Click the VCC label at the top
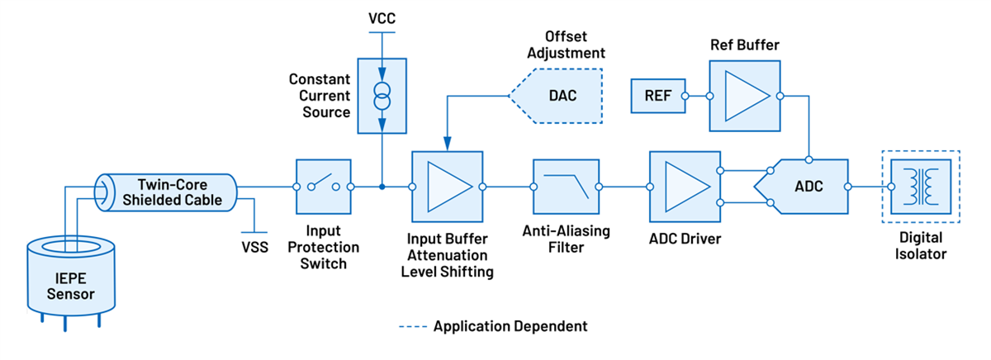tap(382, 17)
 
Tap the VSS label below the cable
tap(254, 247)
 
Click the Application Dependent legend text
tap(510, 326)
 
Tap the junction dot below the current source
tap(382, 187)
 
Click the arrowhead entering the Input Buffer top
tap(446, 147)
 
